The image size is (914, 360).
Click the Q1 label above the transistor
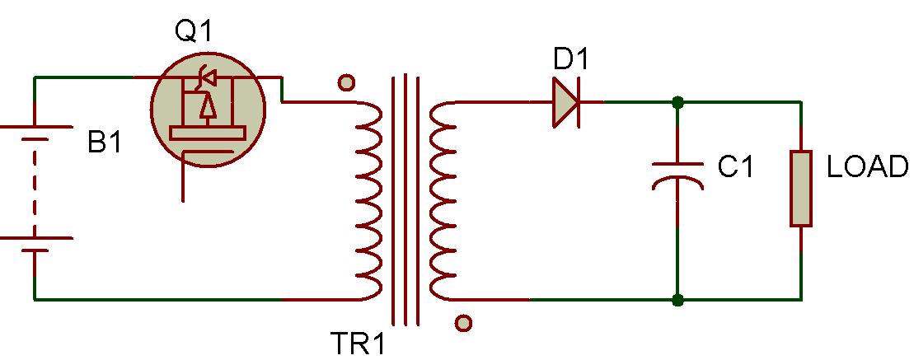click(x=194, y=32)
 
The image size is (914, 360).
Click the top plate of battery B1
click(x=35, y=127)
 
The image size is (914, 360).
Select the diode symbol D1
click(x=565, y=102)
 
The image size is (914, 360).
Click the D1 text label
click(x=572, y=60)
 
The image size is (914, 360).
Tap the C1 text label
click(x=736, y=167)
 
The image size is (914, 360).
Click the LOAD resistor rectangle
click(x=801, y=188)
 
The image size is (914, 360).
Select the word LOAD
click(x=867, y=167)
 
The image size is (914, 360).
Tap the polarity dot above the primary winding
click(x=347, y=82)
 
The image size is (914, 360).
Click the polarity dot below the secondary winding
click(x=464, y=323)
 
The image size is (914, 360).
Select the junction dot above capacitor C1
click(x=677, y=102)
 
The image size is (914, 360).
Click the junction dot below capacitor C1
click(x=677, y=300)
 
